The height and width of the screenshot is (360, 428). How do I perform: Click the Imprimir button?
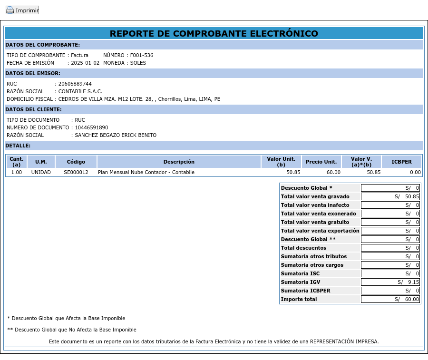(x=22, y=10)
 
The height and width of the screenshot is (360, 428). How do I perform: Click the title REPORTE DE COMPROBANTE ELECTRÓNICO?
(x=214, y=33)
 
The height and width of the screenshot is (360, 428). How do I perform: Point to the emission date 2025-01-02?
(x=85, y=63)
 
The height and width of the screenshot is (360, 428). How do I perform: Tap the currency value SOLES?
(x=138, y=63)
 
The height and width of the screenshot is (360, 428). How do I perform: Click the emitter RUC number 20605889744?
(x=75, y=84)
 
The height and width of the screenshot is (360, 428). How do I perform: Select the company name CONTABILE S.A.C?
(x=80, y=91)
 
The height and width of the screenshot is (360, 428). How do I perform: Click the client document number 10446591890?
(x=91, y=127)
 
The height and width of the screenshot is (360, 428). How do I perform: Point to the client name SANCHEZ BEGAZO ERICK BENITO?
(x=116, y=135)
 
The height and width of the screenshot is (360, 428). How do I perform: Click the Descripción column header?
(x=179, y=162)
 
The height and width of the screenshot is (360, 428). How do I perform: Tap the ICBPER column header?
(x=401, y=162)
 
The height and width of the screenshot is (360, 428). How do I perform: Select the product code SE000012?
(x=76, y=172)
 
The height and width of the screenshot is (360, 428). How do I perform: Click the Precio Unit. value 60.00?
(x=333, y=172)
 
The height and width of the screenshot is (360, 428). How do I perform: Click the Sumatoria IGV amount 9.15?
(x=413, y=282)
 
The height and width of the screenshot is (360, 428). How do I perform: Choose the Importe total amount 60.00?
(x=412, y=299)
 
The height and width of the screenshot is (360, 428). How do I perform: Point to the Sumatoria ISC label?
(x=300, y=273)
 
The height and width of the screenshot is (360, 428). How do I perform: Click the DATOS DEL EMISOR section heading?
(x=33, y=73)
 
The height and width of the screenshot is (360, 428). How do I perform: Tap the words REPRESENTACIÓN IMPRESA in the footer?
(x=344, y=341)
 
